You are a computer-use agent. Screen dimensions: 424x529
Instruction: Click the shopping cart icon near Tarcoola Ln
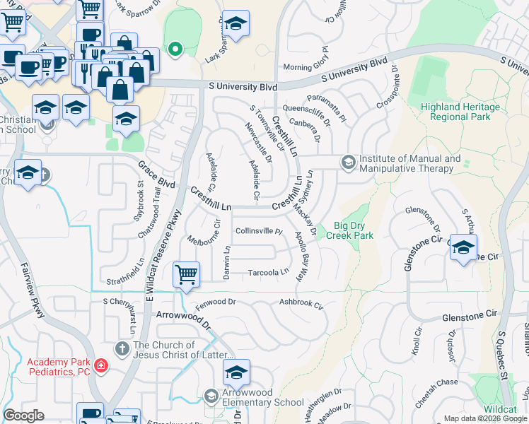(x=186, y=273)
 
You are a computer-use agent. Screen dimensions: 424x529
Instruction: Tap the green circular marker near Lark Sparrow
(x=175, y=49)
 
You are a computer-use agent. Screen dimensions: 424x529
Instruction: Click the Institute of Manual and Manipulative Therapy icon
(x=348, y=163)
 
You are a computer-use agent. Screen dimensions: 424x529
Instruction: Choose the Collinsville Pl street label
(x=259, y=231)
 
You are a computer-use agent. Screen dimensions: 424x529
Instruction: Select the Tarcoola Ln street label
(x=269, y=272)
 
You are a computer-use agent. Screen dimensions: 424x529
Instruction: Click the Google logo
(x=23, y=416)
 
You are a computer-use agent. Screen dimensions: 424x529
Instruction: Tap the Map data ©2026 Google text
(x=484, y=418)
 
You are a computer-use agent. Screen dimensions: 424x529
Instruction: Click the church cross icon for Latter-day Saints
(x=122, y=348)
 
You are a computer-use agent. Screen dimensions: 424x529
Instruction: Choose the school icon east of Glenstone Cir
(x=463, y=248)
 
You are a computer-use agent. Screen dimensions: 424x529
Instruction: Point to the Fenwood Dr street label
(x=215, y=302)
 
